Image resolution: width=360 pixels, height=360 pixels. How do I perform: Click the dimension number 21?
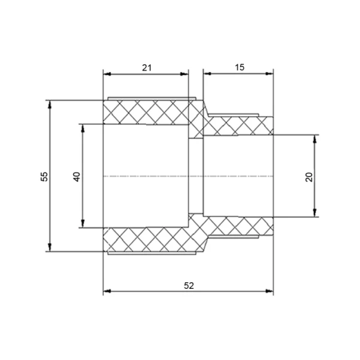tap(147, 68)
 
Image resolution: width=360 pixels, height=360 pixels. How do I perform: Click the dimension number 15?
tap(240, 68)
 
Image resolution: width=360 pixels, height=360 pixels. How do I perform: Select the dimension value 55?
tap(44, 177)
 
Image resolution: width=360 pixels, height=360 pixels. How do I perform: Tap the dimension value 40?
tap(77, 177)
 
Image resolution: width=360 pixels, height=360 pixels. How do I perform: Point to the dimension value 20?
tap(309, 177)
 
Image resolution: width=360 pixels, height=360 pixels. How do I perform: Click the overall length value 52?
tap(189, 286)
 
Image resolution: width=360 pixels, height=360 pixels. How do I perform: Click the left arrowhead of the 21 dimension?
tap(107, 74)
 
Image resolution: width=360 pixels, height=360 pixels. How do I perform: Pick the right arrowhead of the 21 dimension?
tap(184, 74)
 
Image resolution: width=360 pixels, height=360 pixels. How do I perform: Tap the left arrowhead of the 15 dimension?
tap(207, 74)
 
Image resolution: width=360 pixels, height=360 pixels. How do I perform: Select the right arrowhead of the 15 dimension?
tap(269, 74)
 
